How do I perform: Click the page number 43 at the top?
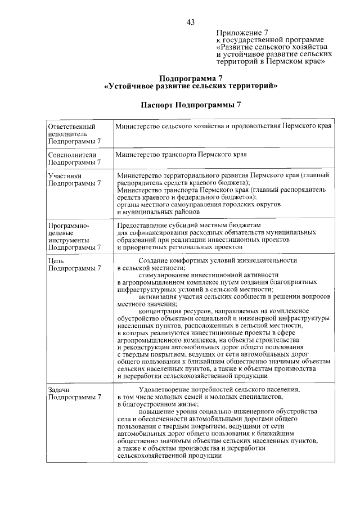(191, 22)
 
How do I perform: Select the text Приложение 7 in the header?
(241, 33)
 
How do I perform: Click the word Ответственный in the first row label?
(71, 127)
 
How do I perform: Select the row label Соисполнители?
(73, 155)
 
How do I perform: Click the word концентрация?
(162, 311)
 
